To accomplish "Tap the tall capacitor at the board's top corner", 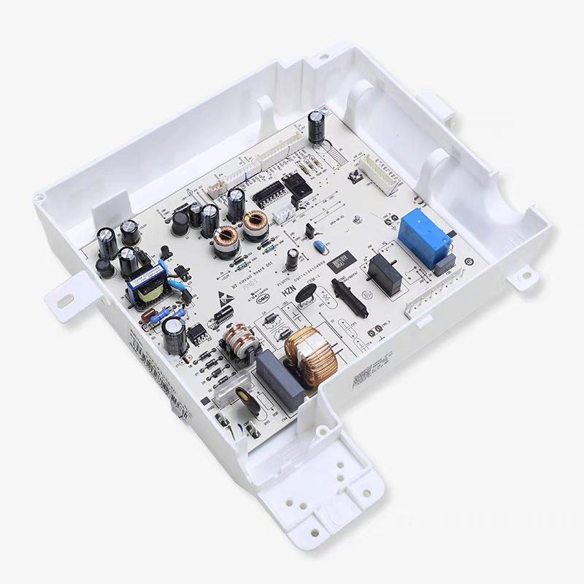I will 316,127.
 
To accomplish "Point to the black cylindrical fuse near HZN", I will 349,296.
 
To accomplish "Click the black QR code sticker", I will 341,261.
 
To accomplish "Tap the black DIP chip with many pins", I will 268,193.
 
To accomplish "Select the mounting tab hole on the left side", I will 64,299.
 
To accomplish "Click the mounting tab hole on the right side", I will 523,277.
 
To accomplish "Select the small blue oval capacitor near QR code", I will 319,247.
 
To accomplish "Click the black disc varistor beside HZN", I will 307,293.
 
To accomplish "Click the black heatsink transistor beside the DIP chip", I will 298,187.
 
